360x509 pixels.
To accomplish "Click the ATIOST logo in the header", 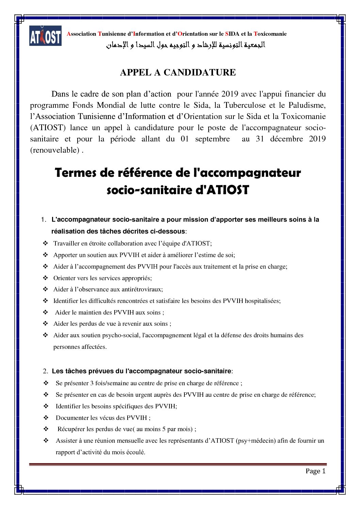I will pyautogui.click(x=45, y=36).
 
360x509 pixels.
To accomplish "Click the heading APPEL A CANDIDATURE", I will pyautogui.click(x=178, y=72).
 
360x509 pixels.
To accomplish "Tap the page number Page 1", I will pyautogui.click(x=315, y=471).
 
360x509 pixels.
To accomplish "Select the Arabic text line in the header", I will pyautogui.click(x=185, y=45).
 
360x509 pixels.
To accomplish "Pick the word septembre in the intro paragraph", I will pyautogui.click(x=212, y=139).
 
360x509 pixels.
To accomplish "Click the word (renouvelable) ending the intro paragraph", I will pyautogui.click(x=55, y=150).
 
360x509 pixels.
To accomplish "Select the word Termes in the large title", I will pyautogui.click(x=76, y=173).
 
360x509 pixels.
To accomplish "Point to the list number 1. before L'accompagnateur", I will pyautogui.click(x=44, y=220).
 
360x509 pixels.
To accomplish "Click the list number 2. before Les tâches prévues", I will pyautogui.click(x=45, y=371).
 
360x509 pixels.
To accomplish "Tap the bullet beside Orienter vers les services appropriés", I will pyautogui.click(x=45, y=278).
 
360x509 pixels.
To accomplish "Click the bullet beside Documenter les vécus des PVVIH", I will pyautogui.click(x=46, y=418).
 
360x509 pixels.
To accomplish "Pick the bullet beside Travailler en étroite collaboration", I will pyautogui.click(x=45, y=243).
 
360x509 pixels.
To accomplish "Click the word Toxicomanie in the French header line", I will pyautogui.click(x=270, y=34).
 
